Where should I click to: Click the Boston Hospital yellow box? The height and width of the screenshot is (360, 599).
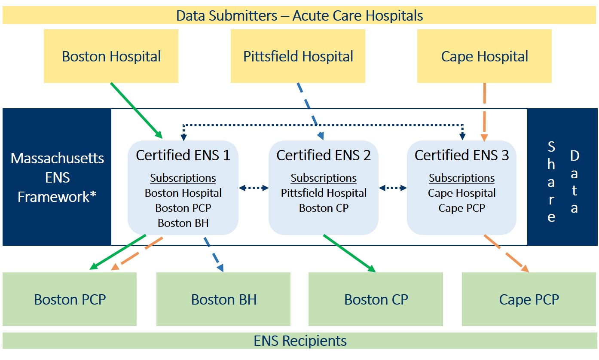coord(111,56)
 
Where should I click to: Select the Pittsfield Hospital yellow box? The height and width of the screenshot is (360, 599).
coord(298,56)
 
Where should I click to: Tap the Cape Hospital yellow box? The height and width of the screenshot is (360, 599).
coord(484,56)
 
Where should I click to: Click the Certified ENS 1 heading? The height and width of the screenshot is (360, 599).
coord(183,156)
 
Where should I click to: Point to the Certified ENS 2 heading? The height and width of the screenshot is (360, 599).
coord(324,156)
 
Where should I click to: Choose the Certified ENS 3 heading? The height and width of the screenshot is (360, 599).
coord(461,156)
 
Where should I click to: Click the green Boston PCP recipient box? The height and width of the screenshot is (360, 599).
coord(70,299)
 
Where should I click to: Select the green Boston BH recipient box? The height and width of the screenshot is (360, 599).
coord(223,299)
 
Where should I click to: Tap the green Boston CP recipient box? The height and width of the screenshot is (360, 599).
coord(376,299)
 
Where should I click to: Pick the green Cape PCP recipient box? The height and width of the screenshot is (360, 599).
coord(529,299)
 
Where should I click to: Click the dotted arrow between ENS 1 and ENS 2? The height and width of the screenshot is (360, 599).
coord(254,188)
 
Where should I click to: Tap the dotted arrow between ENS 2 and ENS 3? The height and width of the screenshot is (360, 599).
coord(393,188)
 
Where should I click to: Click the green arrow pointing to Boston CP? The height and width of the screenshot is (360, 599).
coord(349,253)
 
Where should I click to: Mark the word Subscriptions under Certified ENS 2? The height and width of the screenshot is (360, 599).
coord(324,178)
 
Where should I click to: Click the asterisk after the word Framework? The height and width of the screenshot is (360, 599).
coord(93,196)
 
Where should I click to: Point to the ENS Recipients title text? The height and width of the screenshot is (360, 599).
coord(300,341)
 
